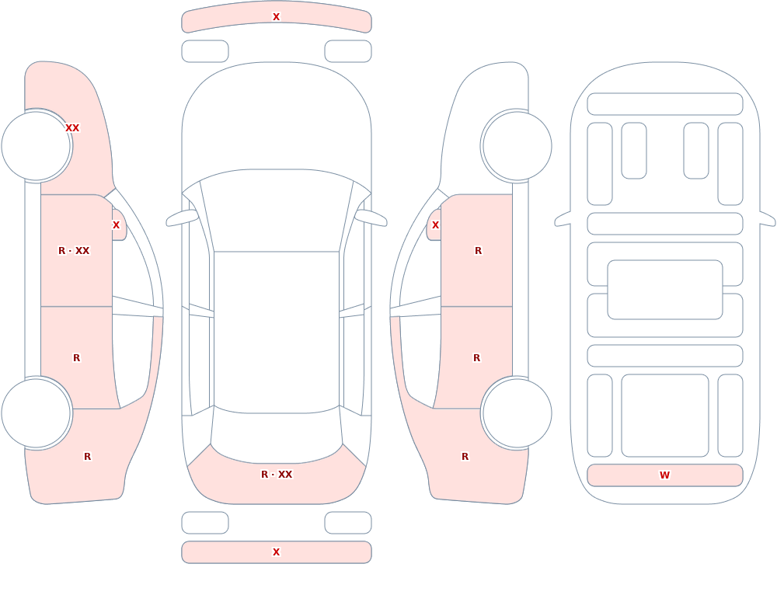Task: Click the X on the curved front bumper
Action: (277, 17)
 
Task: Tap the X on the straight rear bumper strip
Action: (277, 552)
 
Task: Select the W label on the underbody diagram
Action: (664, 475)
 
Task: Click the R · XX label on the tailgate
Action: (277, 475)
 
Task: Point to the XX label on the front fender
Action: (72, 128)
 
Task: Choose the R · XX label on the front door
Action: (74, 251)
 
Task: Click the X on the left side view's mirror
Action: (116, 225)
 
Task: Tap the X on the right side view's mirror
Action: (436, 225)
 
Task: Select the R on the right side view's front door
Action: (478, 251)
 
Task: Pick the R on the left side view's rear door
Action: (76, 358)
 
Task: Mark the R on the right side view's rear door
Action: (477, 358)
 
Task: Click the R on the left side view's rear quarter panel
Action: (87, 457)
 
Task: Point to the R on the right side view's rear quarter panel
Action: (465, 457)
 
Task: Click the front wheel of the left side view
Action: (36, 146)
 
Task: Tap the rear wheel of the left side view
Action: (36, 412)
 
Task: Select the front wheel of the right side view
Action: (517, 146)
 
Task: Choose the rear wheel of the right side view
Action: (517, 412)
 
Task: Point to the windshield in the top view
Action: (277, 211)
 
